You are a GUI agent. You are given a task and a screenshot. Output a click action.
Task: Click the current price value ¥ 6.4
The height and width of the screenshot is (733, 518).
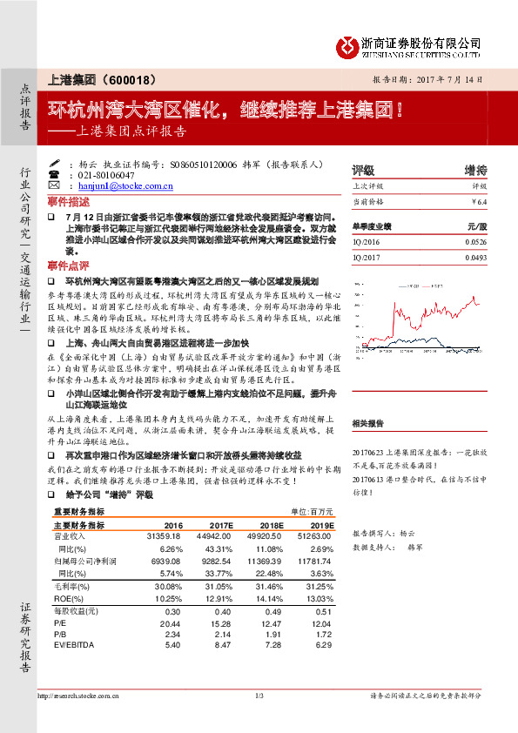478,201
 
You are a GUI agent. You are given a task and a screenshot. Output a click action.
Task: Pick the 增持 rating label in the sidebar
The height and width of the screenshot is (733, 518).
475,170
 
